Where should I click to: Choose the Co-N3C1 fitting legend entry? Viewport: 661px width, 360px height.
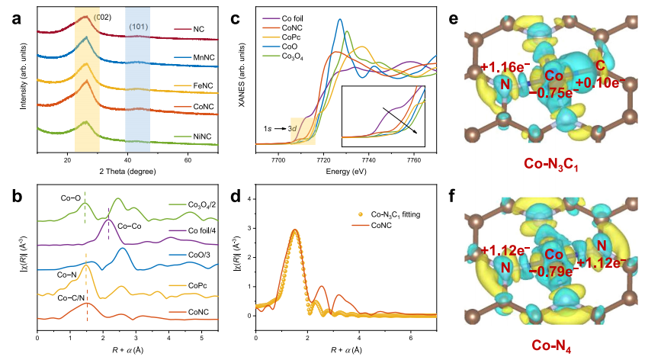tap(395, 216)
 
